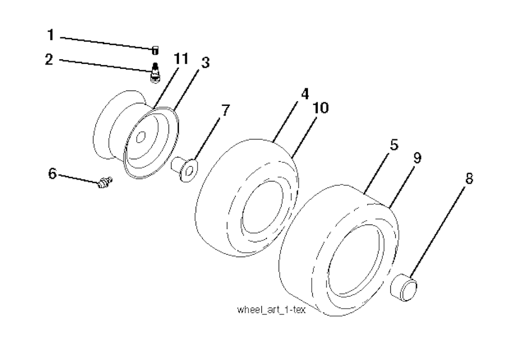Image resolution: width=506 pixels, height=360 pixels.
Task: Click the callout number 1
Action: pyautogui.click(x=50, y=35)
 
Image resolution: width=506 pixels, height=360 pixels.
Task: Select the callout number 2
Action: pyautogui.click(x=49, y=59)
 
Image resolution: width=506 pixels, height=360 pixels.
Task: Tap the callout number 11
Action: pyautogui.click(x=181, y=59)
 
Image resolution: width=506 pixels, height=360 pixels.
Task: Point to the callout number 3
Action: pyautogui.click(x=206, y=62)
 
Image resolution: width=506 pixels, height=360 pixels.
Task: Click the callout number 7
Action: pyautogui.click(x=225, y=110)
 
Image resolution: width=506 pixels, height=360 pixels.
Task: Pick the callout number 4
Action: pyautogui.click(x=305, y=93)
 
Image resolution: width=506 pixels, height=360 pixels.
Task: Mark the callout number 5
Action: pyautogui.click(x=394, y=145)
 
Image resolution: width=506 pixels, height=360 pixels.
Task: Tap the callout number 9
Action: pyautogui.click(x=417, y=158)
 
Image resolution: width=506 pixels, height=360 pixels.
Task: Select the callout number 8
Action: pyautogui.click(x=469, y=178)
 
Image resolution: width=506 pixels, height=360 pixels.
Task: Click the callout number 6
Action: pyautogui.click(x=52, y=174)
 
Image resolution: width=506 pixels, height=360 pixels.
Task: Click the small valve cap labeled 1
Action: pyautogui.click(x=155, y=50)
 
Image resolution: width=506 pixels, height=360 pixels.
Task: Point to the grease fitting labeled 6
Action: pyautogui.click(x=105, y=183)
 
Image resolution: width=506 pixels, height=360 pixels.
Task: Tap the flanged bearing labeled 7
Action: pyautogui.click(x=185, y=169)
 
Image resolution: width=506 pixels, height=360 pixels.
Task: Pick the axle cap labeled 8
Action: pyautogui.click(x=404, y=287)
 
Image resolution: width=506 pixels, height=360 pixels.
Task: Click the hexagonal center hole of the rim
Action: pyautogui.click(x=140, y=137)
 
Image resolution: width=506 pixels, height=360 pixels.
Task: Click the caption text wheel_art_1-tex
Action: pyautogui.click(x=271, y=310)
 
